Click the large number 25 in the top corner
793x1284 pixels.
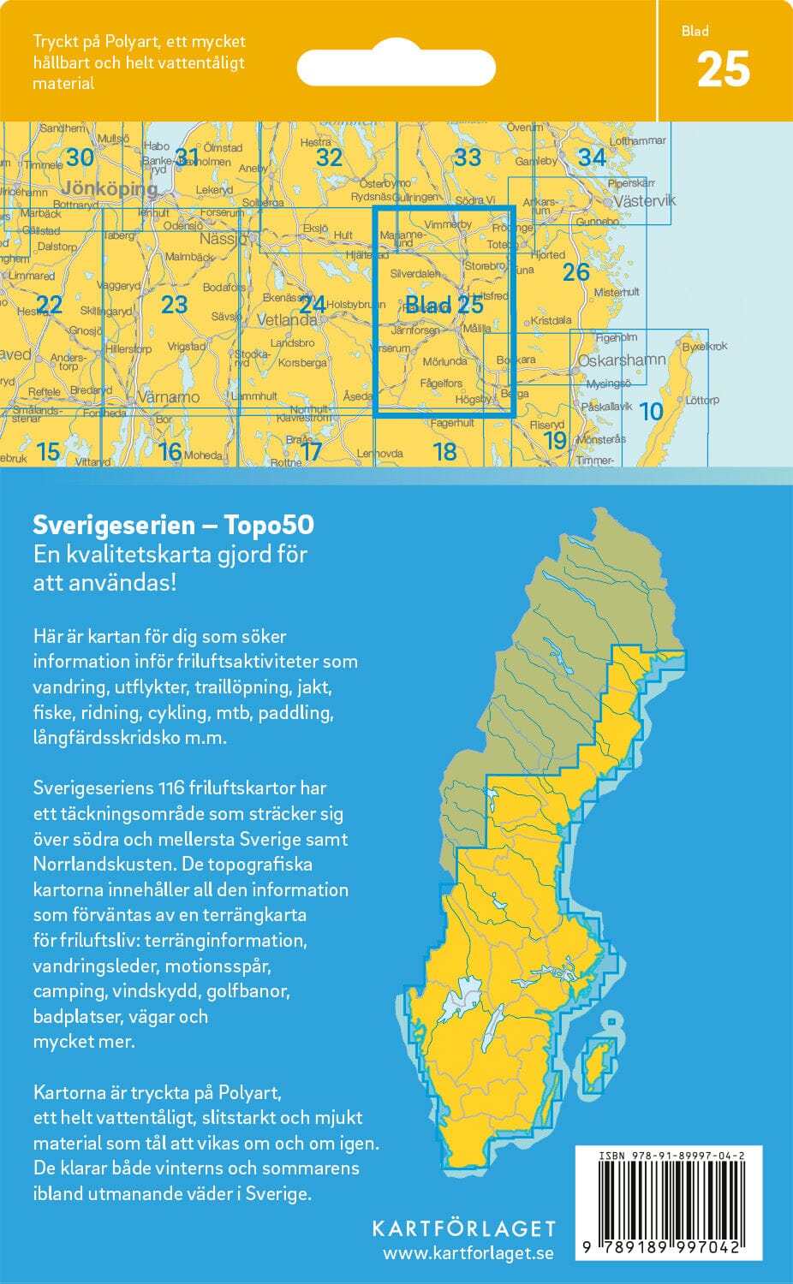point(723,70)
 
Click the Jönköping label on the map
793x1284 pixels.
point(110,187)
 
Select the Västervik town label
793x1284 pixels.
point(645,201)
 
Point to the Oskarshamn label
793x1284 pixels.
point(622,360)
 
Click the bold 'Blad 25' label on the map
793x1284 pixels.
point(444,305)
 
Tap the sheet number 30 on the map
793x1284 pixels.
point(80,158)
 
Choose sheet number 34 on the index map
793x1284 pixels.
point(592,158)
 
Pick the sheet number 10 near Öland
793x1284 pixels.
point(651,412)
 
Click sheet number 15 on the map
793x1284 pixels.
point(48,451)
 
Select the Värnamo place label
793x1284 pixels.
point(169,398)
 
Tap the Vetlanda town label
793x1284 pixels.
point(287,320)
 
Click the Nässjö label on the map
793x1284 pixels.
point(222,239)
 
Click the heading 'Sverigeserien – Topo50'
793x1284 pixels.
point(173,525)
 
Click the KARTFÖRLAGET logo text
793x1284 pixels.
point(463,1229)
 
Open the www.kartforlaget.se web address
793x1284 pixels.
point(468,1254)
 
